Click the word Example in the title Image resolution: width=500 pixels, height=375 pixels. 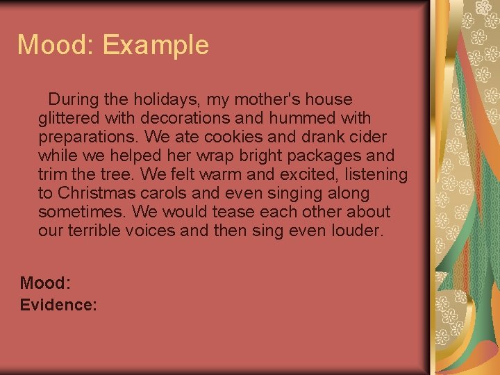(156, 45)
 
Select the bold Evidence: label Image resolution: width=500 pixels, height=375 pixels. (58, 305)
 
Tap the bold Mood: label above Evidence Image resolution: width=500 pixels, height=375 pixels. (45, 283)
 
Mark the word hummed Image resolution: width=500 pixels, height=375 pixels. (299, 118)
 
